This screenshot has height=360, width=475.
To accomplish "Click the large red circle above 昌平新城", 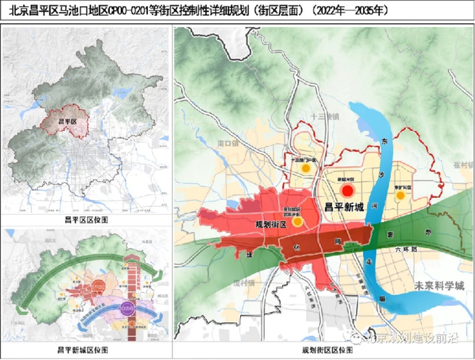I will click(348, 191).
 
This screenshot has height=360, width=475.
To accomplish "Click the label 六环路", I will click(408, 249).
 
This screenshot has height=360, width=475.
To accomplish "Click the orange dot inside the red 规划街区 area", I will click(297, 221).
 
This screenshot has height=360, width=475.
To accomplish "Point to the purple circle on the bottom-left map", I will click(126, 308).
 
